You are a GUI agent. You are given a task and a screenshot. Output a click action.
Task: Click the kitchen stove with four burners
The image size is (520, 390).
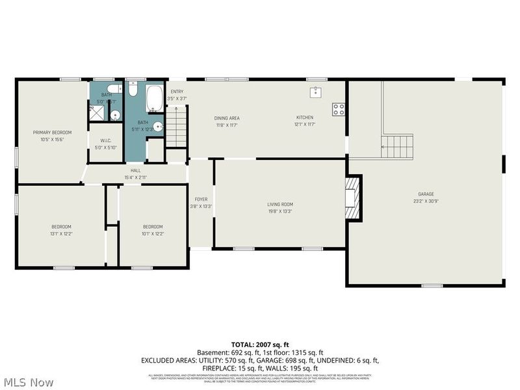coord(339,109)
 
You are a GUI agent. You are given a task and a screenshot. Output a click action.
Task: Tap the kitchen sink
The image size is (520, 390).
coord(317,92)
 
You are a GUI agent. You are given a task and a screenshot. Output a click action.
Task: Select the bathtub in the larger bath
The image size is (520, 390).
coord(155,98)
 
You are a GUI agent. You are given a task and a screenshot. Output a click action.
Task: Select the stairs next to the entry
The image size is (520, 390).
coord(176,127)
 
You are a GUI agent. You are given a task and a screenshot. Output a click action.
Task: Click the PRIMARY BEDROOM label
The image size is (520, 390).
coord(52,132)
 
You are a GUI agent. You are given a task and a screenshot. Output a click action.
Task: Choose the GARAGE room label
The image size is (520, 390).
coord(426,194)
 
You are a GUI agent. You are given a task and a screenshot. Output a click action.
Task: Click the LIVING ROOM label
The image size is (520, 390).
coord(280,204)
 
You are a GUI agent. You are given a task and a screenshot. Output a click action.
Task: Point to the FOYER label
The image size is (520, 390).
coord(201,199)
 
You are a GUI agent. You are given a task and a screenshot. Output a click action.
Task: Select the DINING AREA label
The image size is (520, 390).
coord(227,118)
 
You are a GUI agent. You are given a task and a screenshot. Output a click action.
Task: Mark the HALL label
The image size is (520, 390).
coord(136,170)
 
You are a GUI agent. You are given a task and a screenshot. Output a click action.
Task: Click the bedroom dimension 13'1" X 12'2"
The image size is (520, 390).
coord(62,233)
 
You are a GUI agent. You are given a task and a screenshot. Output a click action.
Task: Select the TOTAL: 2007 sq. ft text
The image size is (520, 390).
coord(259,344)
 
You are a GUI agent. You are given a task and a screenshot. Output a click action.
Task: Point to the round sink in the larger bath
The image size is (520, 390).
coord(158,127)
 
